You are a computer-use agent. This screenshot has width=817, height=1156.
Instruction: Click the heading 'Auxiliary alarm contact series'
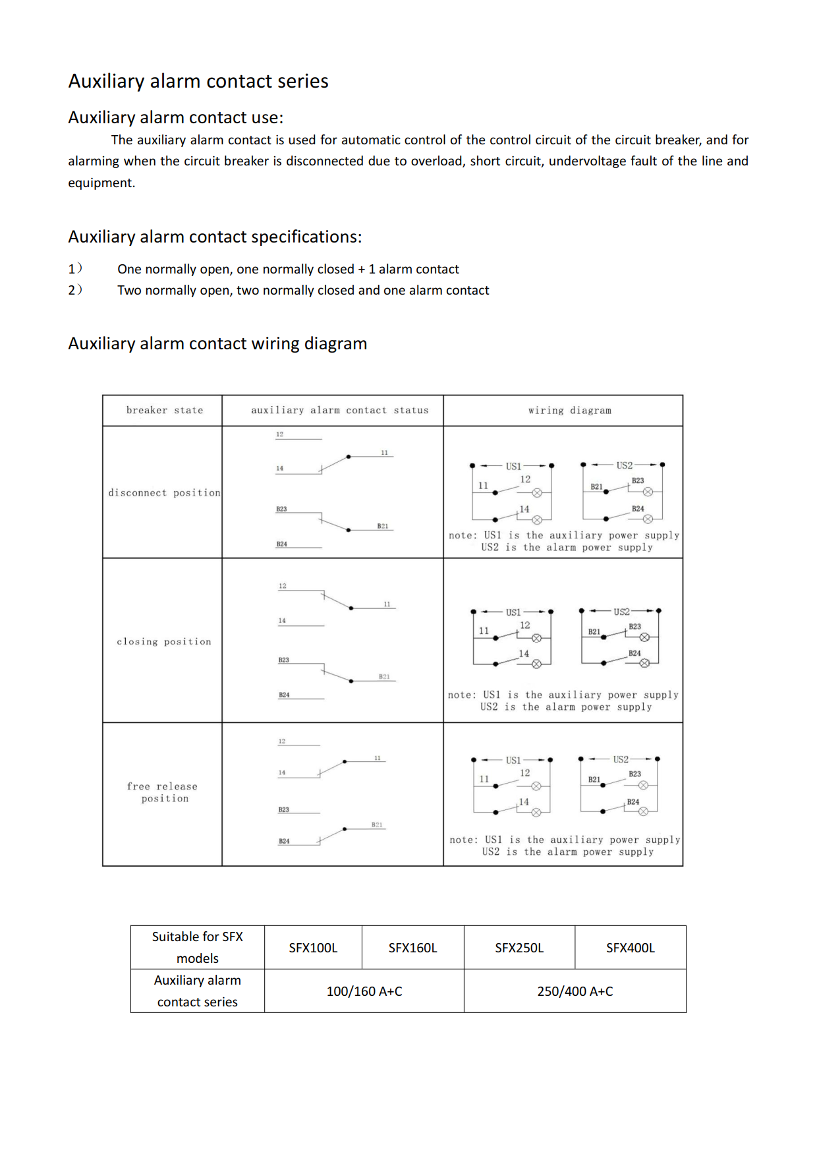(x=198, y=81)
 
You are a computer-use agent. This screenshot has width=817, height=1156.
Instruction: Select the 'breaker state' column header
(x=165, y=410)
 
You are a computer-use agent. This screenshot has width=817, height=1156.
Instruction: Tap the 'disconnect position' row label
(x=164, y=492)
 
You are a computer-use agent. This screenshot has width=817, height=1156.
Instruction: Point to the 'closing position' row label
(x=164, y=641)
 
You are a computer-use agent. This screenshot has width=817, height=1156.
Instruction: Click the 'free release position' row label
(x=163, y=792)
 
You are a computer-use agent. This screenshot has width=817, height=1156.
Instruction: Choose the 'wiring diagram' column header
(x=569, y=410)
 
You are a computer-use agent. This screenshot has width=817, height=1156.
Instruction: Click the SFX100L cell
(x=313, y=948)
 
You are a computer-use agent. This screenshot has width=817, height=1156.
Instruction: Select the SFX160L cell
(x=412, y=948)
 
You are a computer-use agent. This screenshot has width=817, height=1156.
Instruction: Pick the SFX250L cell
(x=519, y=948)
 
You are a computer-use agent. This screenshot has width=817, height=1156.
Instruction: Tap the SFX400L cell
(x=630, y=948)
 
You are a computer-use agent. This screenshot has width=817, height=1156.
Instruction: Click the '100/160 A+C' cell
(x=364, y=991)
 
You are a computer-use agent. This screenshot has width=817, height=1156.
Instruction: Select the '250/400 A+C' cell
(x=575, y=991)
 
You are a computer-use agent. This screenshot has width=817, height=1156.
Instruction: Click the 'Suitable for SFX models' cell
(x=198, y=947)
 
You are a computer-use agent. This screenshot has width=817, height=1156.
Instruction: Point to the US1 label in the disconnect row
(x=513, y=466)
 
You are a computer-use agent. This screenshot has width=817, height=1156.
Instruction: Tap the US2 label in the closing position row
(x=621, y=612)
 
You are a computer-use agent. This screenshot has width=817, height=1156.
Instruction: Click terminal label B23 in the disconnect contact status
(x=281, y=509)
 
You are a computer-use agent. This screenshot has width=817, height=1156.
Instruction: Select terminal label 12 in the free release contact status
(x=282, y=741)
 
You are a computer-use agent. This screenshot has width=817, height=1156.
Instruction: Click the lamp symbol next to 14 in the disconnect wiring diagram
(x=537, y=520)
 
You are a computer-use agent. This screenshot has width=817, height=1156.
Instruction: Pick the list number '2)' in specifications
(x=75, y=290)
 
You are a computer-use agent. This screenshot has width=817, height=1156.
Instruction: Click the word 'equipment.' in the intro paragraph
(x=101, y=183)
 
